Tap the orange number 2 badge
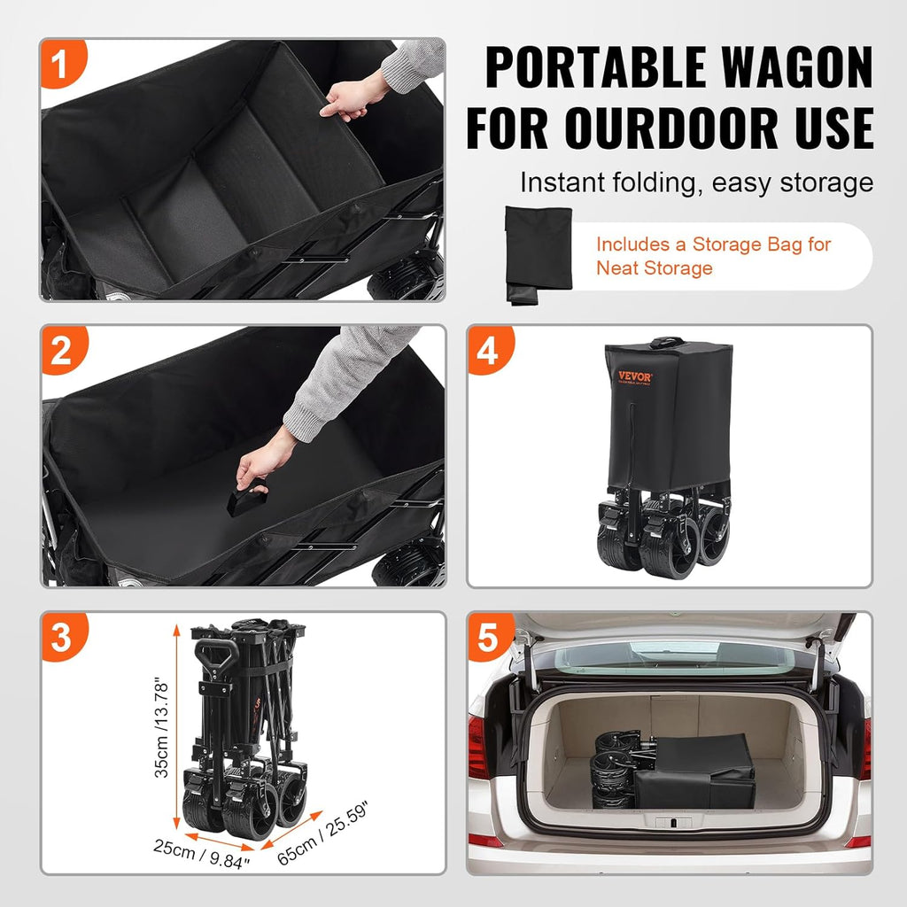click(x=60, y=352)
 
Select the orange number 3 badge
click(x=60, y=638)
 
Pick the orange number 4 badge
click(x=487, y=352)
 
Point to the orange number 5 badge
click(x=488, y=638)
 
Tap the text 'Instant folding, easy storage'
click(x=696, y=183)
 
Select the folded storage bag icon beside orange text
click(x=538, y=254)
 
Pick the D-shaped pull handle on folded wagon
click(x=216, y=658)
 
